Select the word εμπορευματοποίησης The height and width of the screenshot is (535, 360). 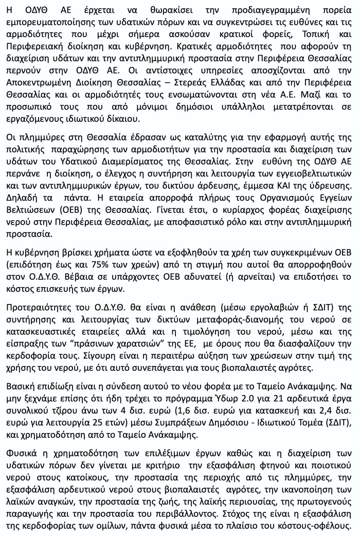[46, 23]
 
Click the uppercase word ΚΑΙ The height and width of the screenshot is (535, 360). [276, 187]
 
